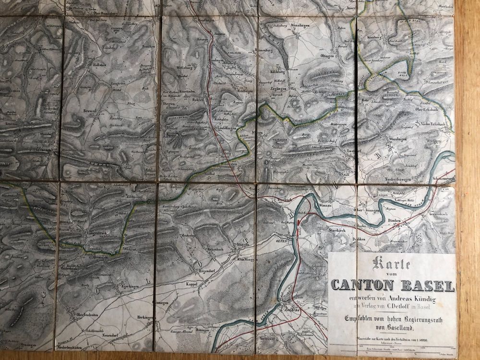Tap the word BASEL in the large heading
425,286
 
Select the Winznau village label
326,203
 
